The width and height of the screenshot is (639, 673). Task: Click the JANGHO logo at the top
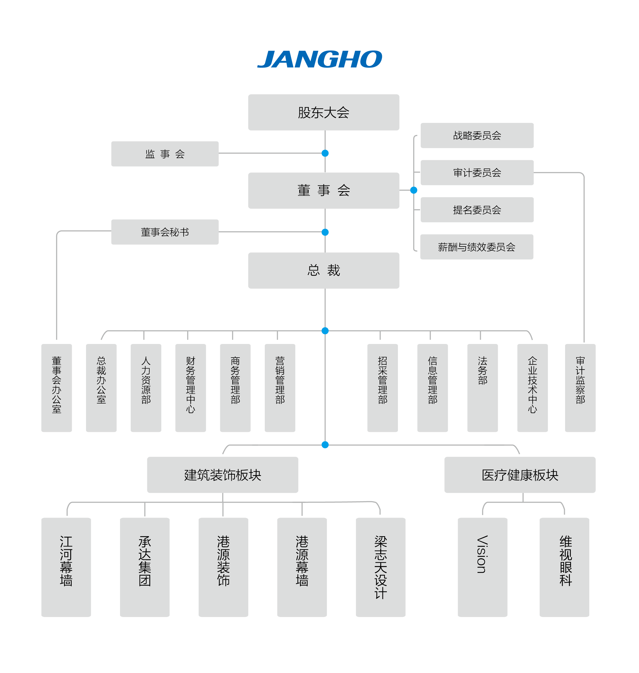tap(319, 59)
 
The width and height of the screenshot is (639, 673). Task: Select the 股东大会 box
tap(323, 112)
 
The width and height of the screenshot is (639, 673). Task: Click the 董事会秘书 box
tap(165, 232)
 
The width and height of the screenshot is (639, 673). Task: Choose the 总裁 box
tap(323, 271)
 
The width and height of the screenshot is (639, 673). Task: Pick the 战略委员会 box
tap(477, 136)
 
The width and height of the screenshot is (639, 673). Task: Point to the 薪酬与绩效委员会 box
tap(476, 247)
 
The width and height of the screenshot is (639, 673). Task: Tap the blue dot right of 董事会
tap(414, 190)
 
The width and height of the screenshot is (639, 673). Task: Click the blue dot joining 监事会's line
tap(325, 153)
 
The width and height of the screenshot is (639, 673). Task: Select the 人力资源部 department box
tap(146, 388)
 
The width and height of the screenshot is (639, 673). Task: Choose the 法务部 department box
tap(482, 388)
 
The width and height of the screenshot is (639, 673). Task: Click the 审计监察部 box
tap(580, 388)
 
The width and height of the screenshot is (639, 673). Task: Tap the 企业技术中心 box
tap(532, 388)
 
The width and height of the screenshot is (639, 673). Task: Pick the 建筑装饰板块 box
tap(223, 475)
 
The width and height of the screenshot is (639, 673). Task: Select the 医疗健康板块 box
tap(520, 475)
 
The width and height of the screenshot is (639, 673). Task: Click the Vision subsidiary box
tap(482, 567)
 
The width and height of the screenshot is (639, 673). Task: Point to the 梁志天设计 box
tap(380, 567)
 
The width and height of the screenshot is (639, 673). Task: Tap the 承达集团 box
tap(145, 567)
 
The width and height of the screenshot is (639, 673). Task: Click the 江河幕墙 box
tap(66, 567)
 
